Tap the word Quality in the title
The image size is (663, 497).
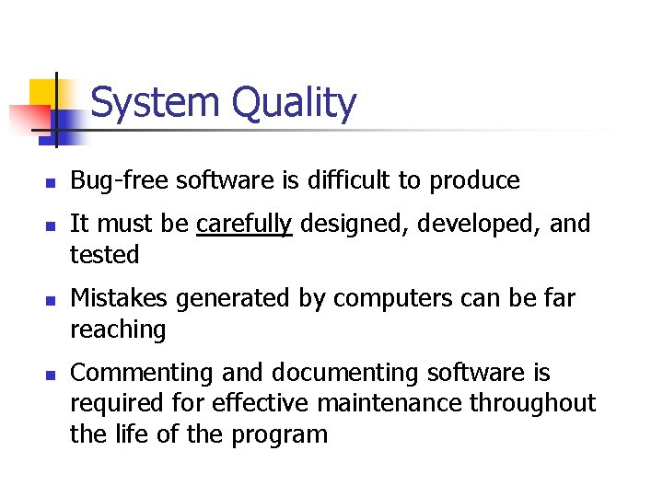click(294, 104)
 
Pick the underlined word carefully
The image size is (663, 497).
click(244, 225)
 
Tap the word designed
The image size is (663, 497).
click(355, 225)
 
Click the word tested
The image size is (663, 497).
click(105, 255)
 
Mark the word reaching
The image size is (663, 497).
click(118, 330)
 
